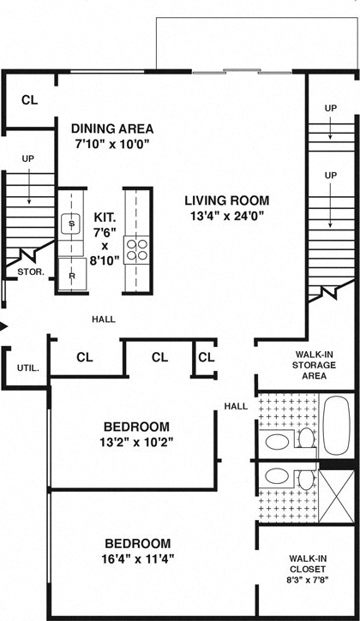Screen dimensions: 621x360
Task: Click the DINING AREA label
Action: (112, 128)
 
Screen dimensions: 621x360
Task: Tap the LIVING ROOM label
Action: (225, 200)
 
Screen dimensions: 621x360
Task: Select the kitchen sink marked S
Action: (71, 224)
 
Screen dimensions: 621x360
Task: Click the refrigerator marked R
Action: (71, 275)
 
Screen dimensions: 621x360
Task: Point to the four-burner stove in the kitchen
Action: (137, 249)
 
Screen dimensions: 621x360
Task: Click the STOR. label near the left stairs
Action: (31, 272)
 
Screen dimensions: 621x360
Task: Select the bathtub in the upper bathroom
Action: (336, 426)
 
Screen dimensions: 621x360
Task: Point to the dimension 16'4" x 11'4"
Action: (137, 560)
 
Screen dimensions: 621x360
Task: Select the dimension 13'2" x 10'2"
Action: (136, 443)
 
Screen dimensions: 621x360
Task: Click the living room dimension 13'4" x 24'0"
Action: (225, 217)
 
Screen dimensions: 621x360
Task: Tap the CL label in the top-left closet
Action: (29, 100)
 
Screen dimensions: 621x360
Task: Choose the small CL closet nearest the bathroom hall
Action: (206, 357)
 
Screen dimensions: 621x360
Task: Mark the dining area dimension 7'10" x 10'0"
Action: (112, 145)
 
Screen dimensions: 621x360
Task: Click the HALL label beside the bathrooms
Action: (236, 406)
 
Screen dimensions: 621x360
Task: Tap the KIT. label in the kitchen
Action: (105, 218)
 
